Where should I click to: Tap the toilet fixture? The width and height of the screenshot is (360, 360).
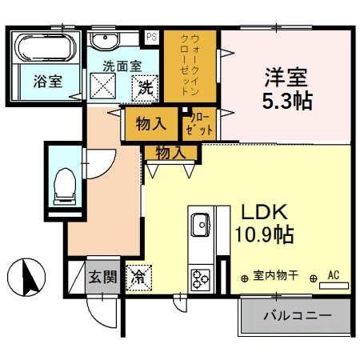coord(61,188)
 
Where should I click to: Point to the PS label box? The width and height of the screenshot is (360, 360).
coord(151,35)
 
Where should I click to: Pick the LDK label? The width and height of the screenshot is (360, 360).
coord(261,214)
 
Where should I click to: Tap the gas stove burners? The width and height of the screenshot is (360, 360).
coord(199,278)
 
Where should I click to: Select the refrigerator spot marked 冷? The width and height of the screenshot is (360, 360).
coord(138,278)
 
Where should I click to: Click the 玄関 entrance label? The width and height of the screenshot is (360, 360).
coord(101,278)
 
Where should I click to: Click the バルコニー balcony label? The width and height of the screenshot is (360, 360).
coord(298,316)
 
